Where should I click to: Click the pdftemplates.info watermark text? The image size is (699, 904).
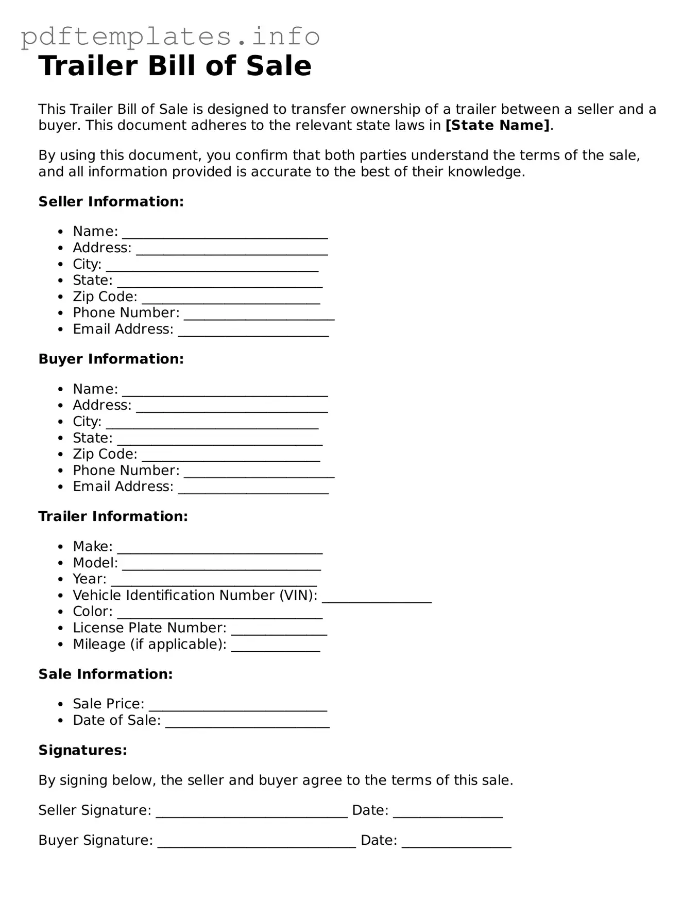170,36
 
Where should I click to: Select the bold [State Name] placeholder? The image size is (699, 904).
498,125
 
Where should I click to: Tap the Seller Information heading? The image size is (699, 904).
111,201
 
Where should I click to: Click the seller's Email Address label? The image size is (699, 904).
123,329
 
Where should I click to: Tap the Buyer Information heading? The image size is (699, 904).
111,359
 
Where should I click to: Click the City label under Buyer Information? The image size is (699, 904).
87,422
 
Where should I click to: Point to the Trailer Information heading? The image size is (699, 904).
113,516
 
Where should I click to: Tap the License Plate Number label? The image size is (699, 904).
149,628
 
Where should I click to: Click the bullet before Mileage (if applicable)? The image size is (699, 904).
61,645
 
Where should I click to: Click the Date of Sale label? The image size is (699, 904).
116,720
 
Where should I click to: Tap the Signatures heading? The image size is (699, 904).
82,750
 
